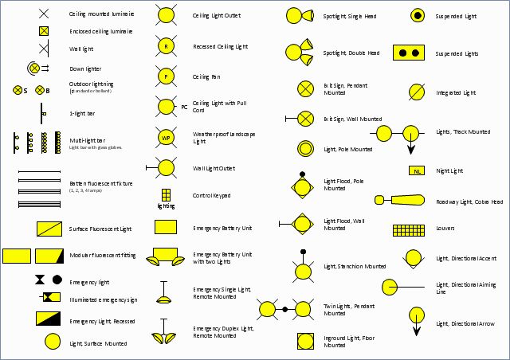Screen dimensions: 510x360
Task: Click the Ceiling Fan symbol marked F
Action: coord(166,76)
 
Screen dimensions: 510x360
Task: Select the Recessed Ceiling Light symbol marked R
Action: coord(166,46)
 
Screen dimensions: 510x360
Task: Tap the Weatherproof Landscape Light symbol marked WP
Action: coord(166,138)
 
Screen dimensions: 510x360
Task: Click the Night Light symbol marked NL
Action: coord(416,170)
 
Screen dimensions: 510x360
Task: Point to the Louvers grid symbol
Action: coord(408,230)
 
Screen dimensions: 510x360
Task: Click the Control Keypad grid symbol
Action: coord(166,194)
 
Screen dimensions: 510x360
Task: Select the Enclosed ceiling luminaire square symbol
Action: coord(44,31)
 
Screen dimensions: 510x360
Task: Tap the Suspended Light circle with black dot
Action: coord(417,15)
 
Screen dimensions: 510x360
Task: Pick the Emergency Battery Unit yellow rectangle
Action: coord(166,227)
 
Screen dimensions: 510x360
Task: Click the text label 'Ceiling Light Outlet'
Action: coord(217,16)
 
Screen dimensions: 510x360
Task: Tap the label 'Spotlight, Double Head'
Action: coord(351,53)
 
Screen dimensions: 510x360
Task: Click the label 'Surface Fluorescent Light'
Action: coord(100,229)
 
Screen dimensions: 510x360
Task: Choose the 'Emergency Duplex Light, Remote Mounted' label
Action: coord(223,331)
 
